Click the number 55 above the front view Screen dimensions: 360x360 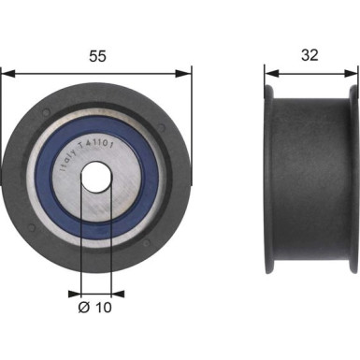[96, 55]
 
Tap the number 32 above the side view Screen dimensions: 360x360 [310, 55]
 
